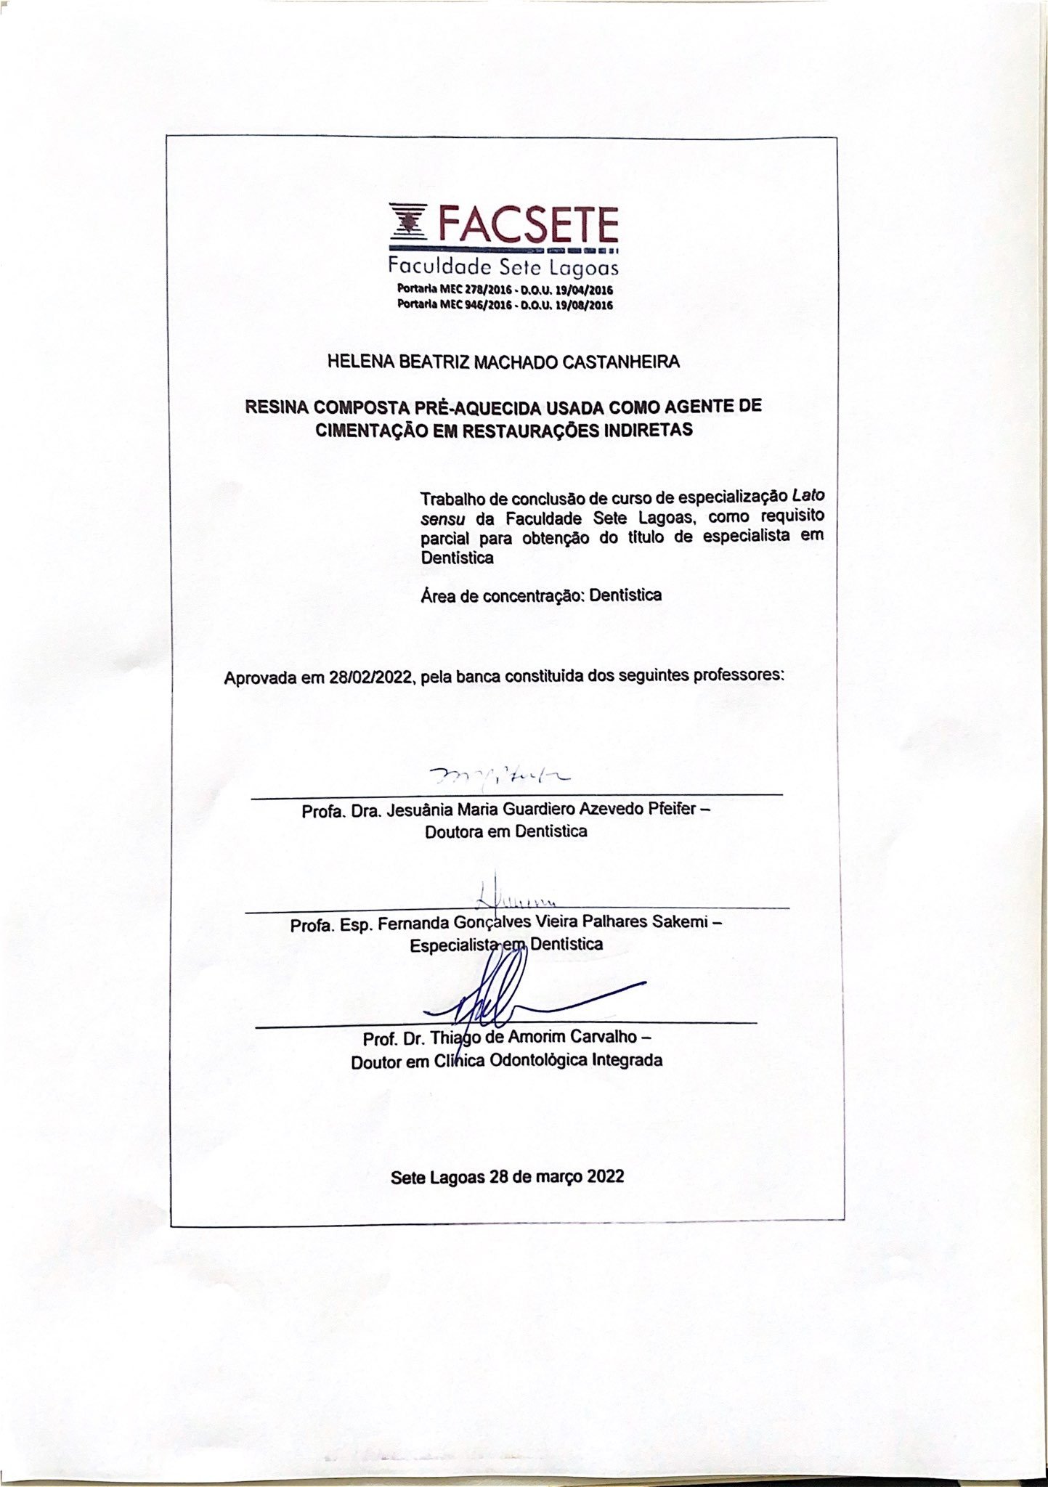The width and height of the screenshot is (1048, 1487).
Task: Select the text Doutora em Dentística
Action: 506,832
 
